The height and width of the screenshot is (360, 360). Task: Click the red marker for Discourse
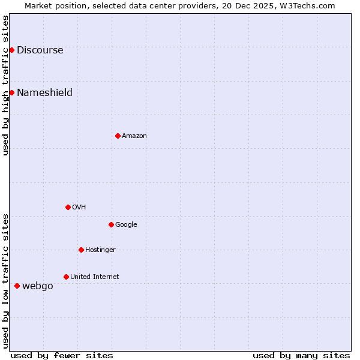click(x=11, y=50)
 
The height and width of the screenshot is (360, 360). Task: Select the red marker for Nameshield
click(x=11, y=92)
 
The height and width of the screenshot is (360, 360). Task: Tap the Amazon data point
click(x=118, y=136)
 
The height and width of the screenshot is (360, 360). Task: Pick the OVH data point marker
click(x=68, y=207)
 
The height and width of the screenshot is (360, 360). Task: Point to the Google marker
click(x=111, y=224)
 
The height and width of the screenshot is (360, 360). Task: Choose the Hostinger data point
click(x=81, y=250)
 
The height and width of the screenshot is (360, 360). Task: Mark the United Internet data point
click(x=66, y=277)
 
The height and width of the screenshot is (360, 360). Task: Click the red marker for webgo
click(x=17, y=286)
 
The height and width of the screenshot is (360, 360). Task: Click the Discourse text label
click(x=40, y=50)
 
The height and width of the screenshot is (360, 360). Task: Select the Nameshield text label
click(x=44, y=92)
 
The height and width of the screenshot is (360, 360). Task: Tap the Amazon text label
click(x=134, y=136)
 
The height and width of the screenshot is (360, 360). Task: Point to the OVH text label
click(x=79, y=208)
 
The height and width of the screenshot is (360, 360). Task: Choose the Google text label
click(x=126, y=225)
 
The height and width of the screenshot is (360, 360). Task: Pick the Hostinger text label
click(x=100, y=250)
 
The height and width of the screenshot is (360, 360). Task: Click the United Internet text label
click(x=94, y=277)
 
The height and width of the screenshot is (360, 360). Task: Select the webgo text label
click(x=37, y=286)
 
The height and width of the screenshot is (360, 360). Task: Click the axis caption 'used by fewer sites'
click(x=62, y=355)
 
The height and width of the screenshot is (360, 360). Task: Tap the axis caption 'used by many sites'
click(x=301, y=355)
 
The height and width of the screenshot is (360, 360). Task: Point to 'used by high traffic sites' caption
click(x=5, y=85)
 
